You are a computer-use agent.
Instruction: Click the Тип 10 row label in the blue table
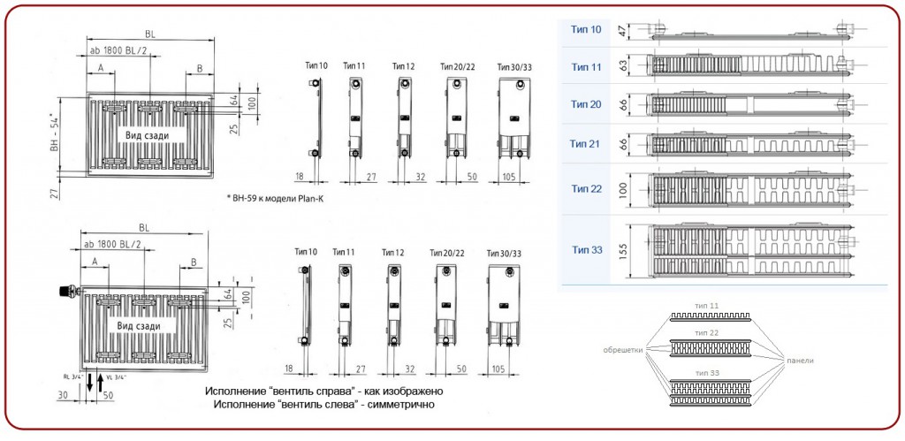click(x=586, y=29)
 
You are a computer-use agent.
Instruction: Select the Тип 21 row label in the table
click(x=586, y=143)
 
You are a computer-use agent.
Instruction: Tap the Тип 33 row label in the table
click(x=586, y=250)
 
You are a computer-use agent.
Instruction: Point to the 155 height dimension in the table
click(x=622, y=250)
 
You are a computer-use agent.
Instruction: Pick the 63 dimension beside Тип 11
click(x=622, y=66)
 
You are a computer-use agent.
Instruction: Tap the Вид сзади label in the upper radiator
click(x=146, y=133)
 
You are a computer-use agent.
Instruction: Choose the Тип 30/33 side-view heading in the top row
click(x=514, y=66)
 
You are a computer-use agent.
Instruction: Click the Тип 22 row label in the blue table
click(x=586, y=188)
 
